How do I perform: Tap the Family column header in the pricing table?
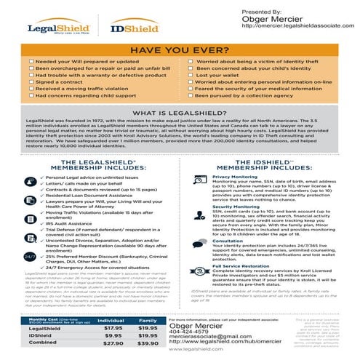(x=148, y=319)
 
